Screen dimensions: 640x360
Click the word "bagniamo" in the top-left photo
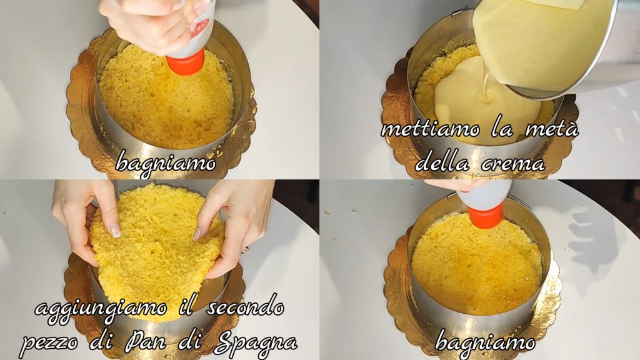tap(165, 163)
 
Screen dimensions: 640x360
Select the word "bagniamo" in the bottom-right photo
tap(485, 342)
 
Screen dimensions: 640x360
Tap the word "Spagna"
tap(256, 342)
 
